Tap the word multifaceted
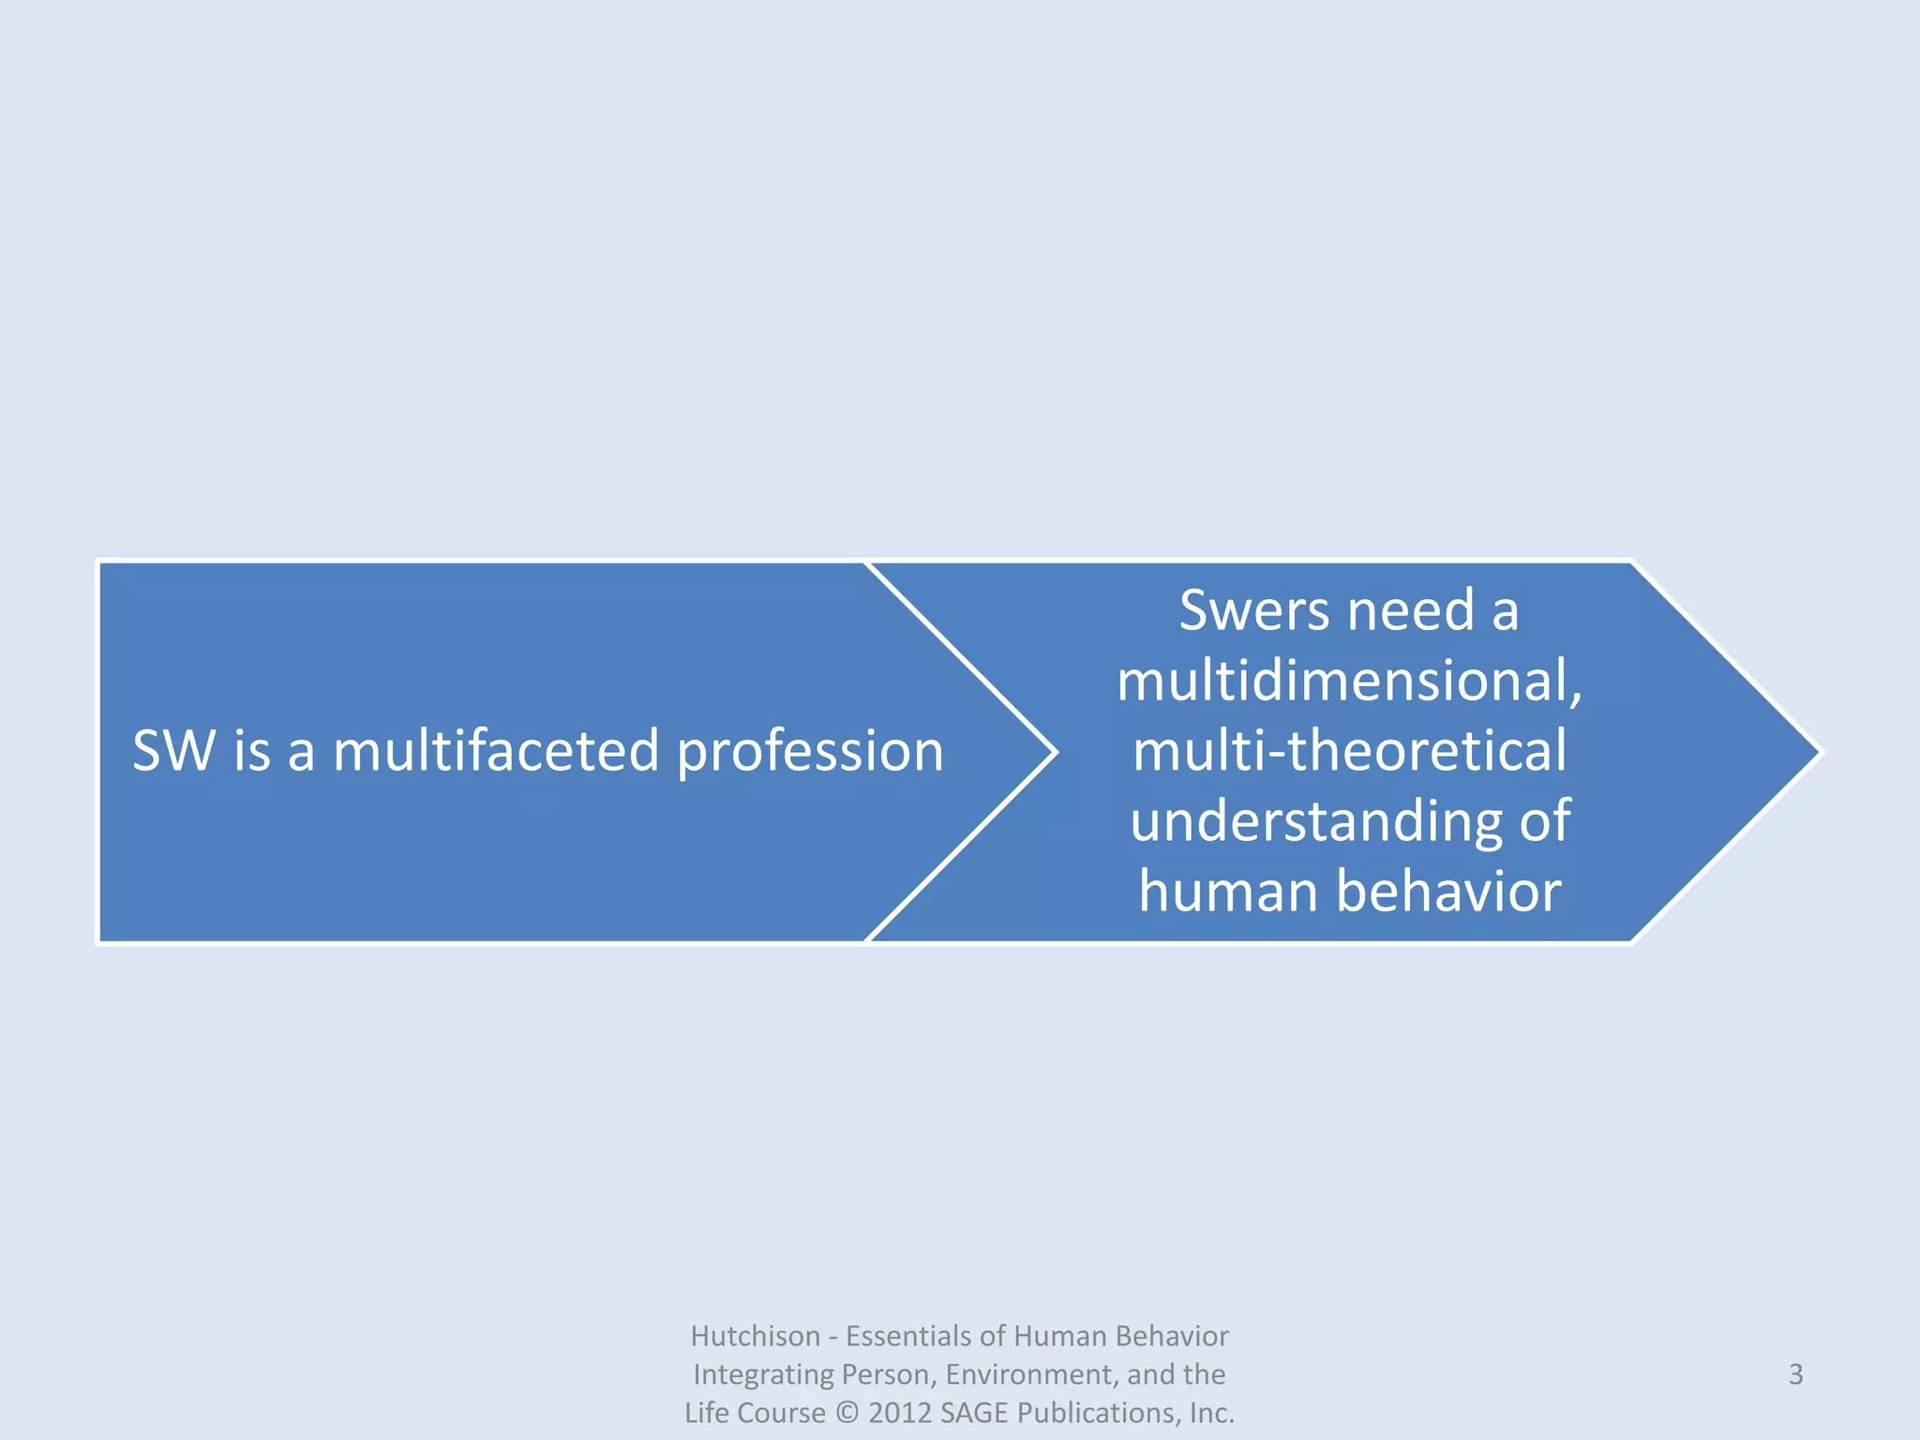coord(496,751)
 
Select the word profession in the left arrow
coord(810,753)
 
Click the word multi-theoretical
coord(1349,751)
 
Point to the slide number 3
coord(1795,1374)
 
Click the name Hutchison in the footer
coord(755,1336)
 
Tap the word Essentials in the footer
coord(908,1336)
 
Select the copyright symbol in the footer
coord(847,1413)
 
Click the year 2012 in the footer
coord(899,1413)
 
